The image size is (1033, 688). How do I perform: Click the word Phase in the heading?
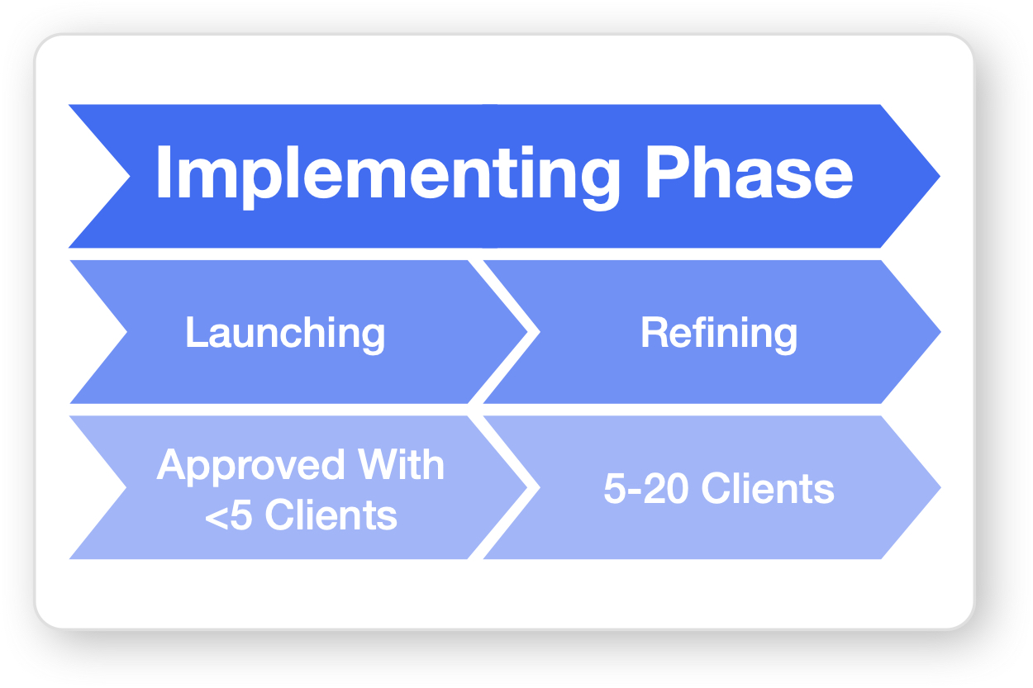(x=749, y=173)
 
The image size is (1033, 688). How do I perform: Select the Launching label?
(x=285, y=333)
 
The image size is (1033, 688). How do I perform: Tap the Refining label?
(x=719, y=333)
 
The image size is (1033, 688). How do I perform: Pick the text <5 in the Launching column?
(x=229, y=515)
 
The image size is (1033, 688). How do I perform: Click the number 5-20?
(x=647, y=489)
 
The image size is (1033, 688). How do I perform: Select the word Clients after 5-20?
(x=769, y=489)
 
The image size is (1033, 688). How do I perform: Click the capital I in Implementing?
(x=162, y=174)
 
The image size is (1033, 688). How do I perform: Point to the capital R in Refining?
(x=653, y=333)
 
